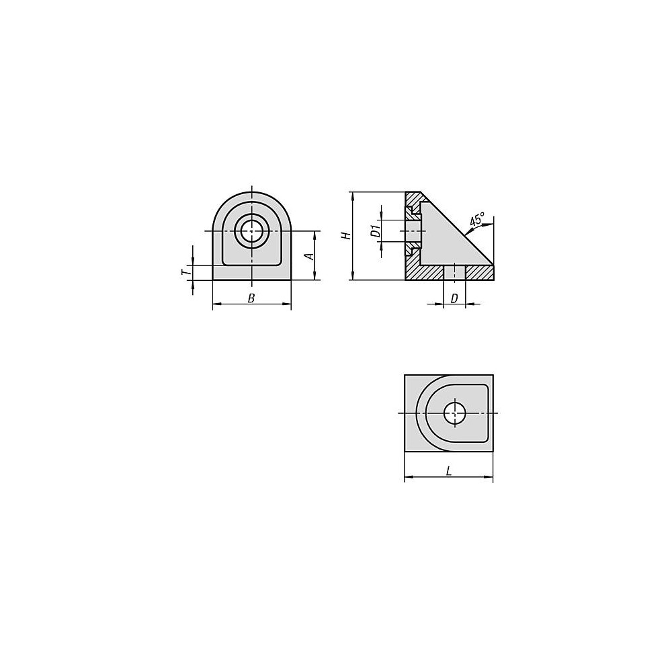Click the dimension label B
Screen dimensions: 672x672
click(251, 298)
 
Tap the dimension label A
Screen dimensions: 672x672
click(309, 256)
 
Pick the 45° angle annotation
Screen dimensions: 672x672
click(477, 219)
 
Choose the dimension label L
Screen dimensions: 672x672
click(449, 472)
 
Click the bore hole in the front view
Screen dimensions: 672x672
click(251, 231)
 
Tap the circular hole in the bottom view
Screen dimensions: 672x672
click(455, 413)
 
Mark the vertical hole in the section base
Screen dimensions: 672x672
click(454, 273)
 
